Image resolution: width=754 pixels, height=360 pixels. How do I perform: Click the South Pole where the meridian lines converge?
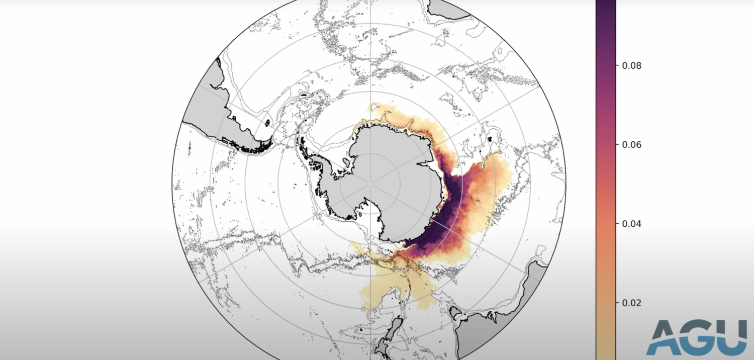click(370, 184)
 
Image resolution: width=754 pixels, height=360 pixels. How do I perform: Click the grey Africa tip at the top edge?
click(447, 8)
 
